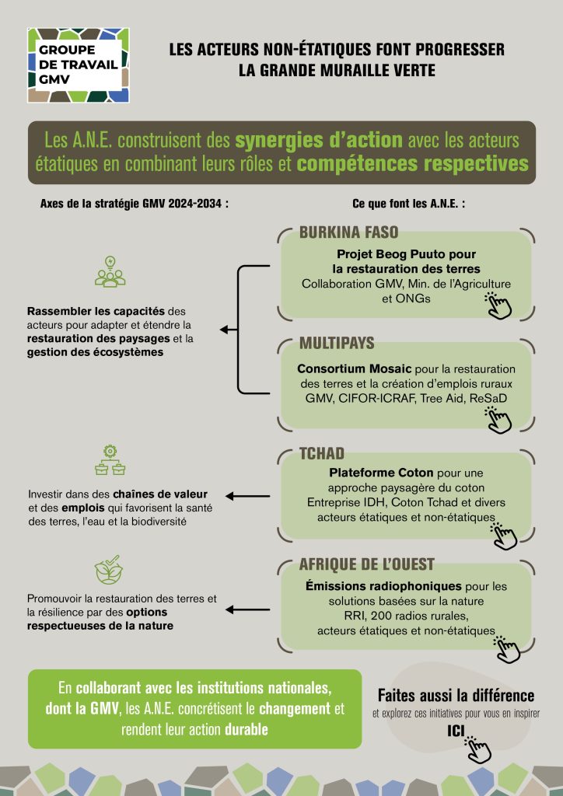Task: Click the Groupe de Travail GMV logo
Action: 78,65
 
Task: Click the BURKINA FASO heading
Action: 348,232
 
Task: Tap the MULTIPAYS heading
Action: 337,343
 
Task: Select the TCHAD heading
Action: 322,454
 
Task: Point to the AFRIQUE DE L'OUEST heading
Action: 366,564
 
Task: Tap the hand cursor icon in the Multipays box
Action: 498,419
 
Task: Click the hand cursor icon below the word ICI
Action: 477,749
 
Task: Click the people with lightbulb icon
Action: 110,271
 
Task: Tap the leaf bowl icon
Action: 108,571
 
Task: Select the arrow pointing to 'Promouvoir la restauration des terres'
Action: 248,610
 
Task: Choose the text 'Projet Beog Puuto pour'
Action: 405,254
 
